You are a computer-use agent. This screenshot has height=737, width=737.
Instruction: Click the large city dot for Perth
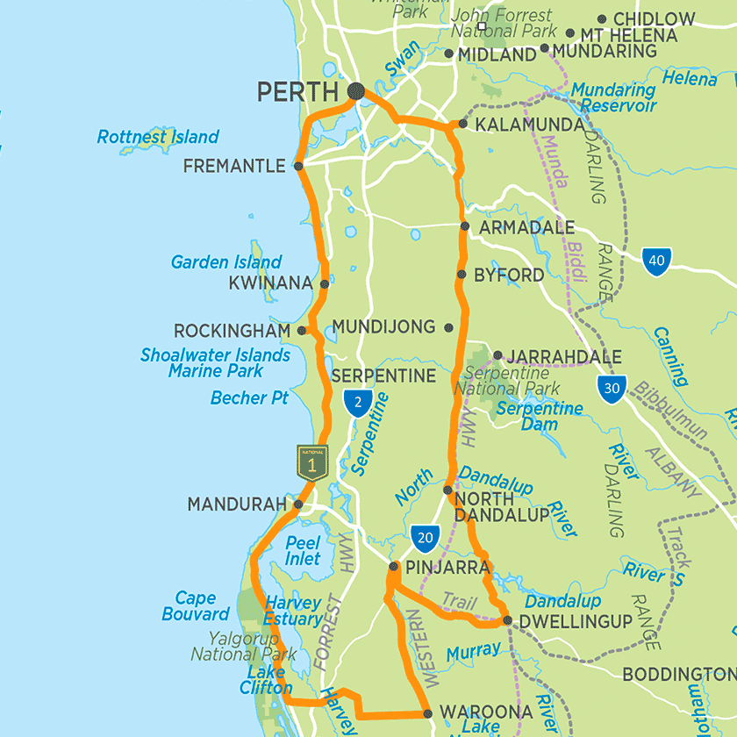356,90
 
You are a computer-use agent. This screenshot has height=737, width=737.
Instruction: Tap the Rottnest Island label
158,137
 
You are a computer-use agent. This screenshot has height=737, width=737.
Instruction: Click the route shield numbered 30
611,388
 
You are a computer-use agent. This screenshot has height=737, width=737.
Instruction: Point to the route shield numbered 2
356,403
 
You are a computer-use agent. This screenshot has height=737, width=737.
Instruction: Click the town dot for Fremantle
298,165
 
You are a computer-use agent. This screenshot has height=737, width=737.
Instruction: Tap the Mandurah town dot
298,504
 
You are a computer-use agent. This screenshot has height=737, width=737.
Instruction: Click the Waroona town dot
427,712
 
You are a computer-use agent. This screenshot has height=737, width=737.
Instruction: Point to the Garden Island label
226,262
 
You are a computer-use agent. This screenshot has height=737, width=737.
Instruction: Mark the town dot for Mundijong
448,327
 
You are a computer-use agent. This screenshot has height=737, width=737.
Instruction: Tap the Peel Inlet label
303,551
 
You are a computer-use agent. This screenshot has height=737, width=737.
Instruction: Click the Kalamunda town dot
462,125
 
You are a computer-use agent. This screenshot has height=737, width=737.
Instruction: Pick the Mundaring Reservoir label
613,97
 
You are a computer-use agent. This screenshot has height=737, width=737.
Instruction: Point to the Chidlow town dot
602,18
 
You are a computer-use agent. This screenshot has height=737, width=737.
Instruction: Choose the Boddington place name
678,674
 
